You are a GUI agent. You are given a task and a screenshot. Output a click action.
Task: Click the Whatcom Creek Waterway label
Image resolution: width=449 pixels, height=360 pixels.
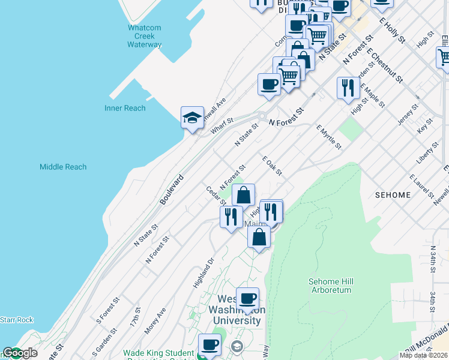[x=144, y=36]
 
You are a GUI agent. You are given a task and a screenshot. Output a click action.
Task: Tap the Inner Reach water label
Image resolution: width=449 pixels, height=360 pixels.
[x=125, y=108]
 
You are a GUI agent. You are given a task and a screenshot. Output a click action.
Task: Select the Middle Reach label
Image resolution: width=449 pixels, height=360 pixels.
[x=63, y=167]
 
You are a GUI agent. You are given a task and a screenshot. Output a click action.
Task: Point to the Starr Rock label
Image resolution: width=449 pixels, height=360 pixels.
[x=17, y=320]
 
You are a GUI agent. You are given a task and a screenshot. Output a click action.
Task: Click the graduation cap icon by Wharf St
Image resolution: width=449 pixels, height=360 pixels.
[x=191, y=118]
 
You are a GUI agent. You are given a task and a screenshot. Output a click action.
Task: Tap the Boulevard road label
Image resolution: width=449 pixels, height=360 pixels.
[x=171, y=190]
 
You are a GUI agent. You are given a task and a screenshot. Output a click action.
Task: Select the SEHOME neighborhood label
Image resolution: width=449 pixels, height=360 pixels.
[x=393, y=195]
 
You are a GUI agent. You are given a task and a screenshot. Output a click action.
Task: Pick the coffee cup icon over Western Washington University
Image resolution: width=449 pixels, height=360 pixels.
[x=247, y=299]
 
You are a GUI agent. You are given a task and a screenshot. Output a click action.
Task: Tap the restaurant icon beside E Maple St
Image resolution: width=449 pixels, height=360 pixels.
[x=348, y=88]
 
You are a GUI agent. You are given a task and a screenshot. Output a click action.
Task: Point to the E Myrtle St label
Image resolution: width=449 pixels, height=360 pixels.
[x=328, y=137]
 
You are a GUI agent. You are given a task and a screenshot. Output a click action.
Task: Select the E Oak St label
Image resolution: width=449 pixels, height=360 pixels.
[x=272, y=166]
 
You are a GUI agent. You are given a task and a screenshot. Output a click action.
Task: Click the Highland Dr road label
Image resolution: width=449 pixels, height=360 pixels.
[x=203, y=274]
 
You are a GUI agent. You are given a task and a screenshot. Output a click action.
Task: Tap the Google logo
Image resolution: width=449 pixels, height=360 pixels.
[x=20, y=353]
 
